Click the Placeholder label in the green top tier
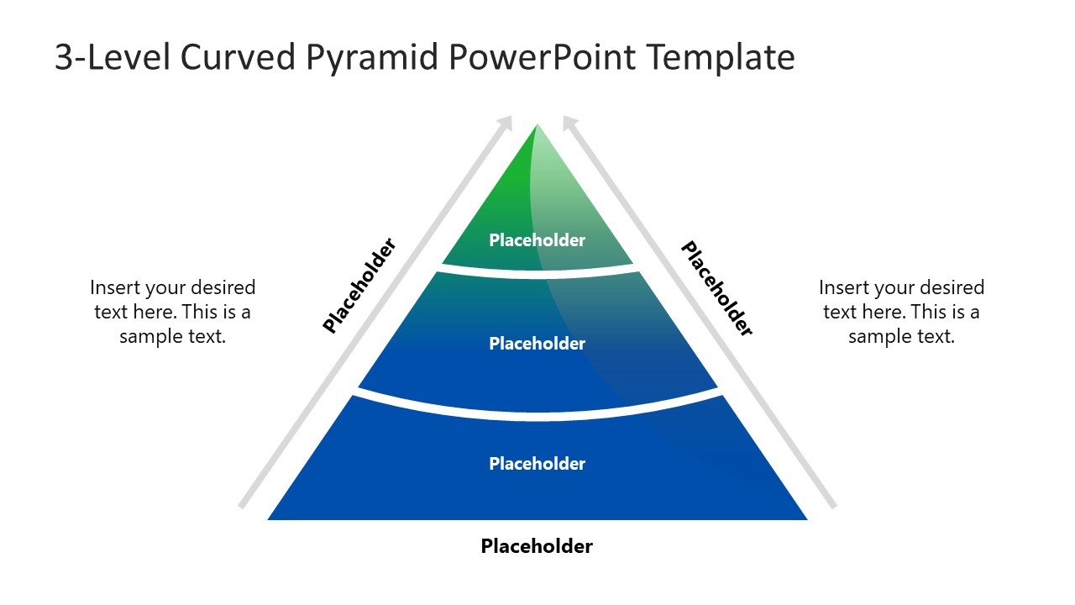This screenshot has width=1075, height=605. (537, 240)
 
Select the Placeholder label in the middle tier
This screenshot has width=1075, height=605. (537, 344)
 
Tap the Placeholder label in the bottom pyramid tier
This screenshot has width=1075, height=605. (537, 464)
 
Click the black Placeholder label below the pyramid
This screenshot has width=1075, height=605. (537, 546)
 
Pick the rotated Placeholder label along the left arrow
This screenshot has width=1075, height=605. (359, 286)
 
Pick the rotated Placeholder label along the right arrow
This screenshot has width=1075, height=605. (716, 288)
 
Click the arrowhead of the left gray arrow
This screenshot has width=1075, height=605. (506, 123)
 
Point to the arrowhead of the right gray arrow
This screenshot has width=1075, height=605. (569, 123)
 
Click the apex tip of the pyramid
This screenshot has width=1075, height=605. (537, 126)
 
